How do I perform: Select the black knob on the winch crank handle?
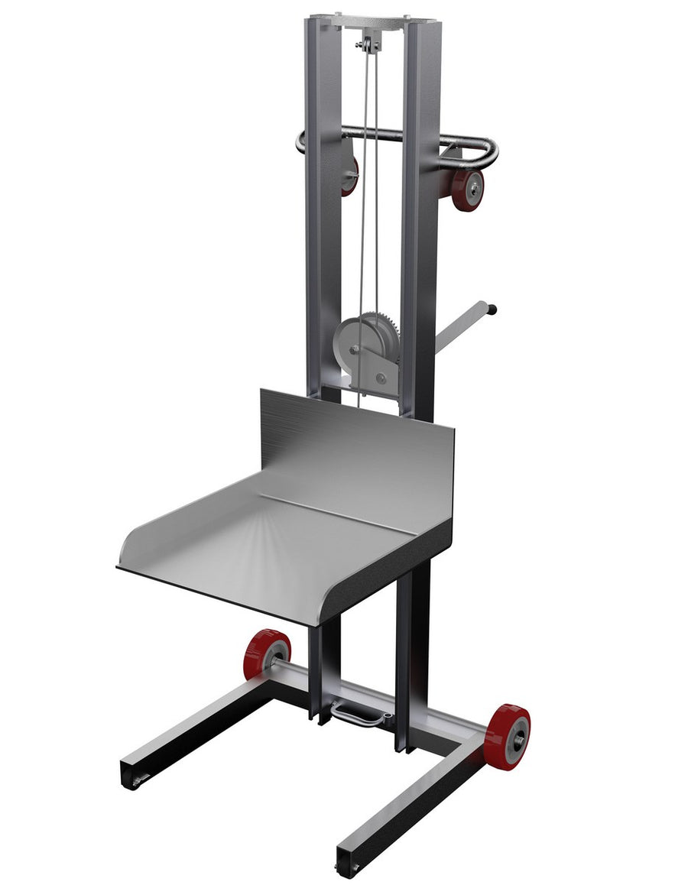493,310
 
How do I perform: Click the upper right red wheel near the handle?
467,189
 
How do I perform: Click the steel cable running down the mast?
365,191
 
